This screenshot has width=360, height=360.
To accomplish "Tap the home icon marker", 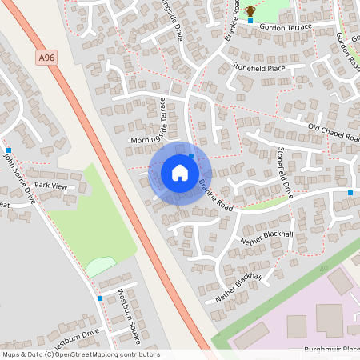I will [180, 172].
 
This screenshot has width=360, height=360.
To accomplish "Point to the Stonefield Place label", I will [258, 68].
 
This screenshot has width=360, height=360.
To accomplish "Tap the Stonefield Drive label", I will [286, 172].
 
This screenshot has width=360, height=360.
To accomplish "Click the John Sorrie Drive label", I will [19, 177].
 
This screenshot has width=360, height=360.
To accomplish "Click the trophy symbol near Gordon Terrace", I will [250, 10].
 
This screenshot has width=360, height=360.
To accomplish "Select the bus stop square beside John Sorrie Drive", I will [8, 150].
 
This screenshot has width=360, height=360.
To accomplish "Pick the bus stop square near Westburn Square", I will [100, 298].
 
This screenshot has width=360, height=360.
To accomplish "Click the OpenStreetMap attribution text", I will [81, 354].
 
